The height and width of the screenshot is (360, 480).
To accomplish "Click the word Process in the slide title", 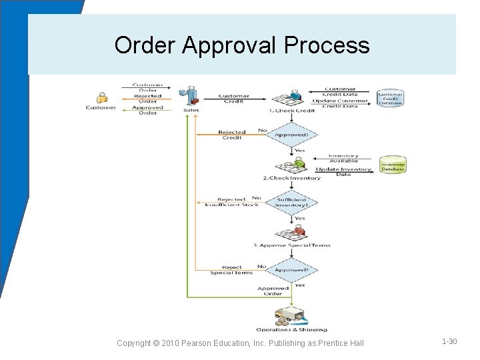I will pyautogui.click(x=326, y=45).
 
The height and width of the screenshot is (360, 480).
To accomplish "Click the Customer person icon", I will pyautogui.click(x=101, y=98).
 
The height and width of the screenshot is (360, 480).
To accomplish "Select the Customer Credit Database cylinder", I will pyautogui.click(x=391, y=97).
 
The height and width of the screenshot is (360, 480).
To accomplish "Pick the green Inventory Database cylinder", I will pyautogui.click(x=393, y=165).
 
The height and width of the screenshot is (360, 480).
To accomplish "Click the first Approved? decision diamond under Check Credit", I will pyautogui.click(x=291, y=135).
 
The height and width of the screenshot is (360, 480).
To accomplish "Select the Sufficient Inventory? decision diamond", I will pyautogui.click(x=291, y=202).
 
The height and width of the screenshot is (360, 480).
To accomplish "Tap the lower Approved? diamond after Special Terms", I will pyautogui.click(x=291, y=270).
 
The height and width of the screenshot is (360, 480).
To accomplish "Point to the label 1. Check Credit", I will pyautogui.click(x=291, y=111).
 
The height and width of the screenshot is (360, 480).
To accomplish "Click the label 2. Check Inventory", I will pyautogui.click(x=291, y=178).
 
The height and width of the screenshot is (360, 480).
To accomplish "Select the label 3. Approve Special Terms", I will pyautogui.click(x=291, y=245).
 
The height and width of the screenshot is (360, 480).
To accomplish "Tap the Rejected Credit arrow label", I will pyautogui.click(x=231, y=135).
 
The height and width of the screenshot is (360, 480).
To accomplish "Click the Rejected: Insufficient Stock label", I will pyautogui.click(x=231, y=202).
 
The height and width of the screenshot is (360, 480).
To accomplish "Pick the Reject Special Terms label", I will pyautogui.click(x=231, y=270).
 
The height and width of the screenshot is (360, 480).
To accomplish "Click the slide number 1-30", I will pyautogui.click(x=449, y=341).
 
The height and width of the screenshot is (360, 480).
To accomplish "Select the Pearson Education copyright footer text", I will pyautogui.click(x=240, y=343).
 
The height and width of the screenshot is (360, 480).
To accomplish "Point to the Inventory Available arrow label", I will pyautogui.click(x=343, y=158).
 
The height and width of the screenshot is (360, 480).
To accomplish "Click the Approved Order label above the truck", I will pyautogui.click(x=273, y=291).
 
